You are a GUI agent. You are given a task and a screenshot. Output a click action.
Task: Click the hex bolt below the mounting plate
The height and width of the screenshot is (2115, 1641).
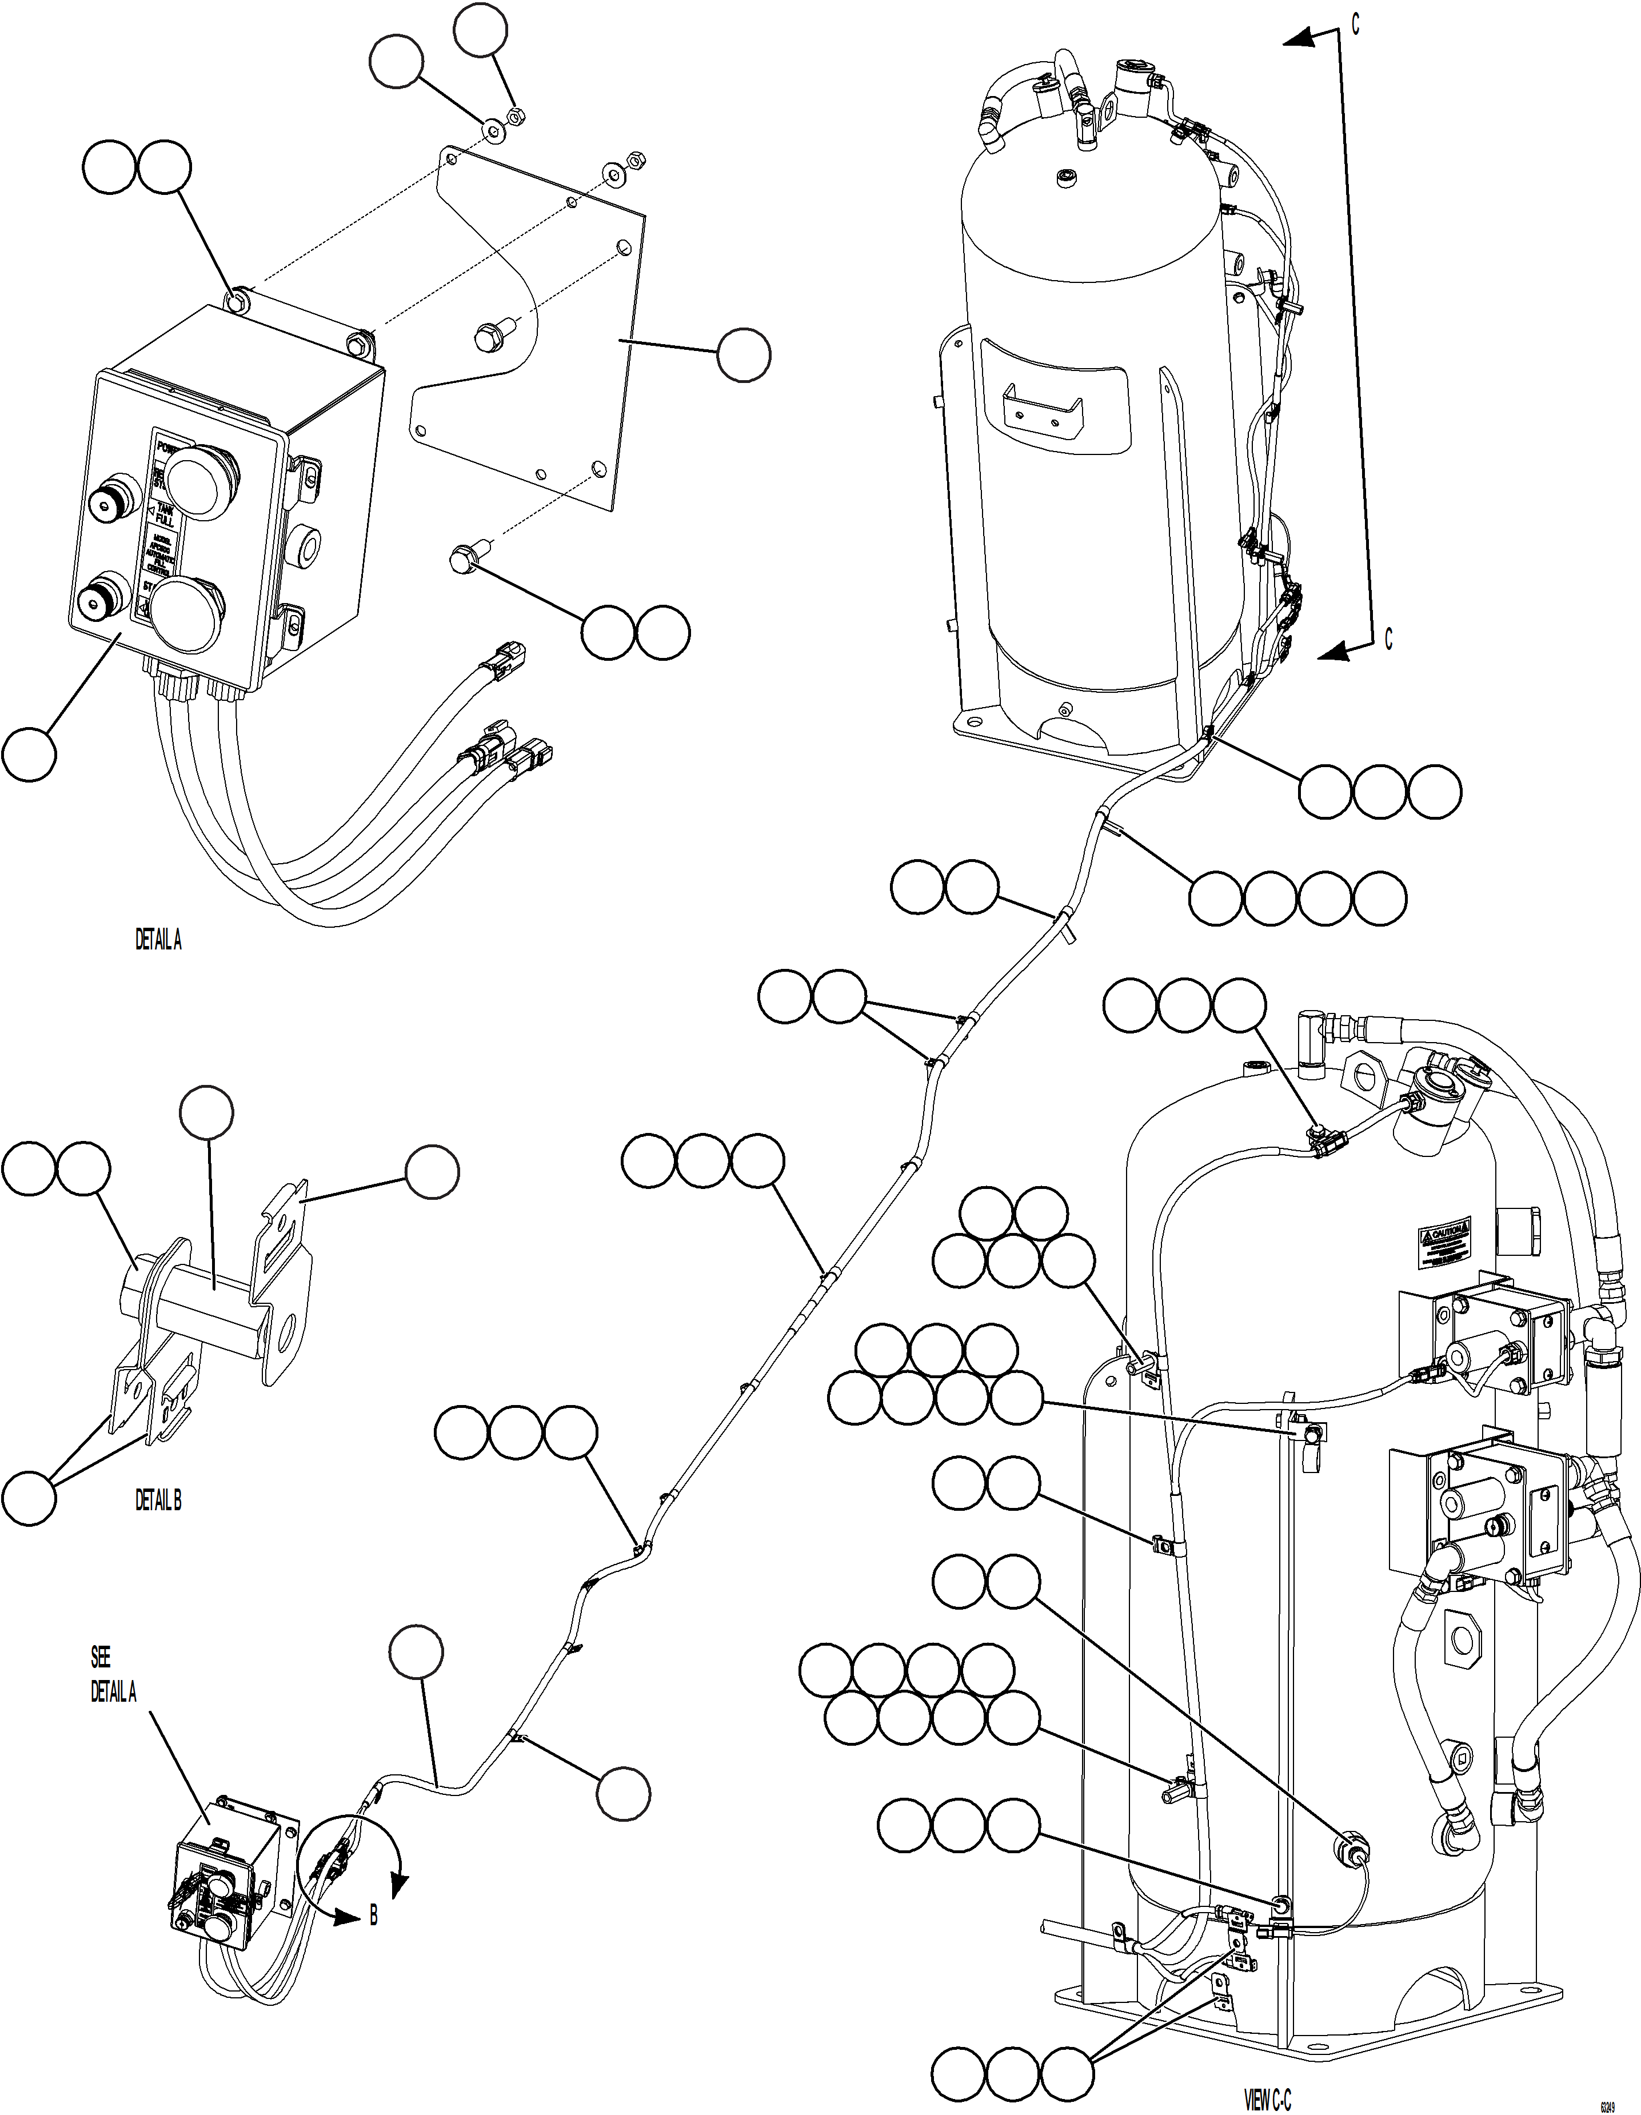pos(466,559)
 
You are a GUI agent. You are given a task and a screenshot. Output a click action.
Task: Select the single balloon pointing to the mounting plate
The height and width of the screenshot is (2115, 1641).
pos(744,356)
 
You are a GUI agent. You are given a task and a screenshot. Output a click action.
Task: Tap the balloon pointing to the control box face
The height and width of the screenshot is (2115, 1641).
pos(28,755)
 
